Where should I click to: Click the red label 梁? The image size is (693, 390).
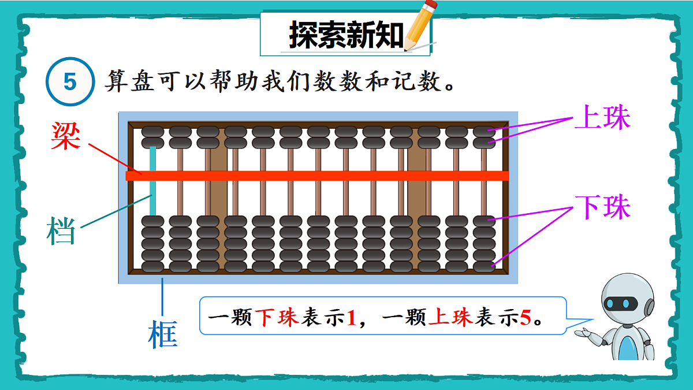65,136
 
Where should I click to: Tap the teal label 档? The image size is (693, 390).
61,231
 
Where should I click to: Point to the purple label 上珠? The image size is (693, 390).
603,119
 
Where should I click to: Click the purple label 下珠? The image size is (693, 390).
603,207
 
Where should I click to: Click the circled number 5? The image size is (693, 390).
70,83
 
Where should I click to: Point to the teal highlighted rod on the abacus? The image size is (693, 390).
153,180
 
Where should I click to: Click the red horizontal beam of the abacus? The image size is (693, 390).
318,176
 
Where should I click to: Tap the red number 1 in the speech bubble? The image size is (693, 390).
352,318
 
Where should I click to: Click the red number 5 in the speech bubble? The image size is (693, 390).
525,318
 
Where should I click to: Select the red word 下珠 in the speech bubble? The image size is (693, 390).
277,318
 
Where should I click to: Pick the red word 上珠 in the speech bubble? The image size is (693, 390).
450,318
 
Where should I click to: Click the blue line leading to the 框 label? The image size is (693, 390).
163,297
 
